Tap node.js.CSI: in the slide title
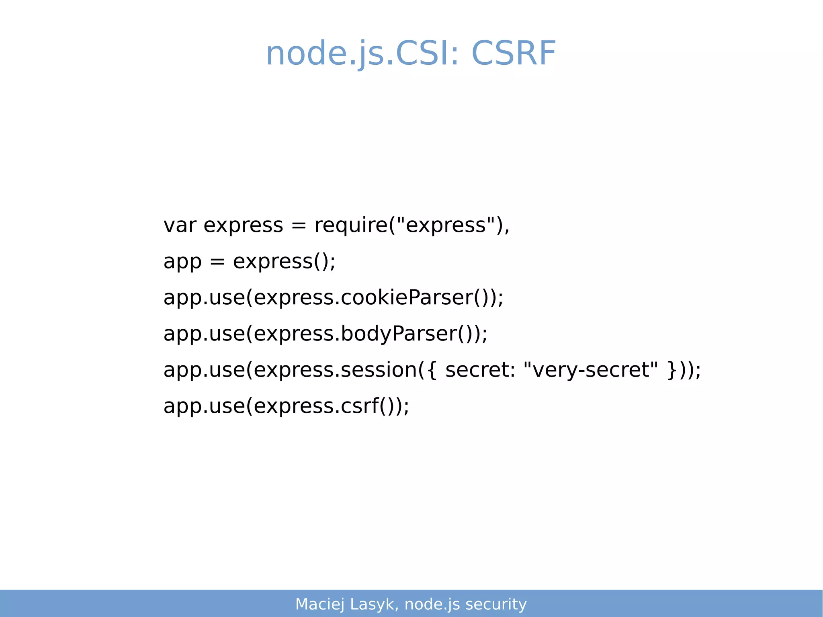coord(362,53)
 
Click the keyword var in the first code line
coord(180,225)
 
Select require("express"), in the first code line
coord(412,225)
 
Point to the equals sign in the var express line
coord(299,226)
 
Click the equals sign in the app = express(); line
coord(217,262)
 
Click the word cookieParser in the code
coord(407,298)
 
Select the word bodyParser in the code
coord(399,334)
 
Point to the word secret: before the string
coord(480,370)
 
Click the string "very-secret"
coord(591,370)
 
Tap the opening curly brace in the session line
coord(432,371)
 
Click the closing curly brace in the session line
coord(672,371)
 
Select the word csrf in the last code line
coord(360,406)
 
